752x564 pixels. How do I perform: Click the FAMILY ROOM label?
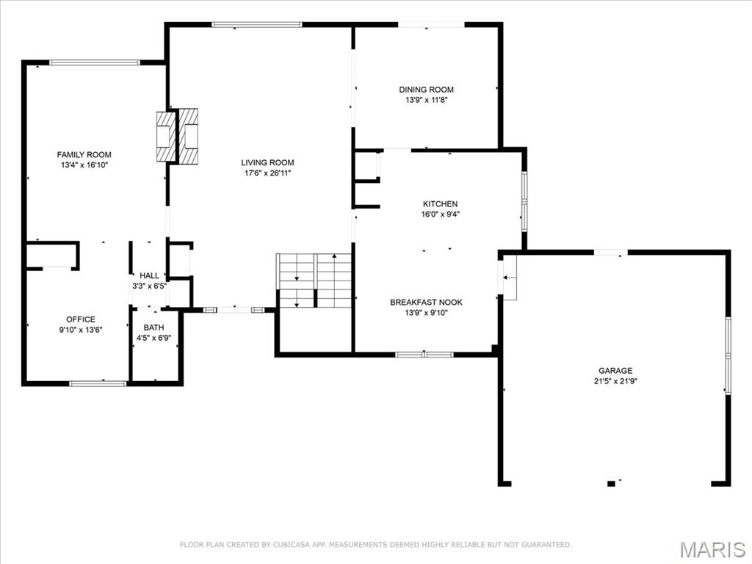pos(84,155)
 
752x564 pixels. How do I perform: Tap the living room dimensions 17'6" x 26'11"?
pos(267,173)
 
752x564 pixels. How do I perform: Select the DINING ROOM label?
pos(426,90)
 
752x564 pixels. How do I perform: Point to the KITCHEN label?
pos(440,204)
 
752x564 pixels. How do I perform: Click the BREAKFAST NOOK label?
pos(426,302)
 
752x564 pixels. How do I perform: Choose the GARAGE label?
pos(614,371)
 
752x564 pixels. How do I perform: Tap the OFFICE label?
pos(81,319)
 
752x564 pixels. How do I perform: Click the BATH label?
pos(153,328)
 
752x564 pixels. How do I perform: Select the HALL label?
pos(149,275)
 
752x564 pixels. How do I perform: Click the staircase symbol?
pos(314,280)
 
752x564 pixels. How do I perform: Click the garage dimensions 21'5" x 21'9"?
pos(614,381)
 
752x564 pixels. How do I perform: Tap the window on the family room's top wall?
pos(95,62)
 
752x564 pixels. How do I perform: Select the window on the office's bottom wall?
pos(98,383)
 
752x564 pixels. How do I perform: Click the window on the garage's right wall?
pos(728,355)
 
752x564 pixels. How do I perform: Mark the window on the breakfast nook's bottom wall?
pos(424,355)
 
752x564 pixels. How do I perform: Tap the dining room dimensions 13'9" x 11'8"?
pos(426,100)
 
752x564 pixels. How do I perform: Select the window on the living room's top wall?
pos(257,25)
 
